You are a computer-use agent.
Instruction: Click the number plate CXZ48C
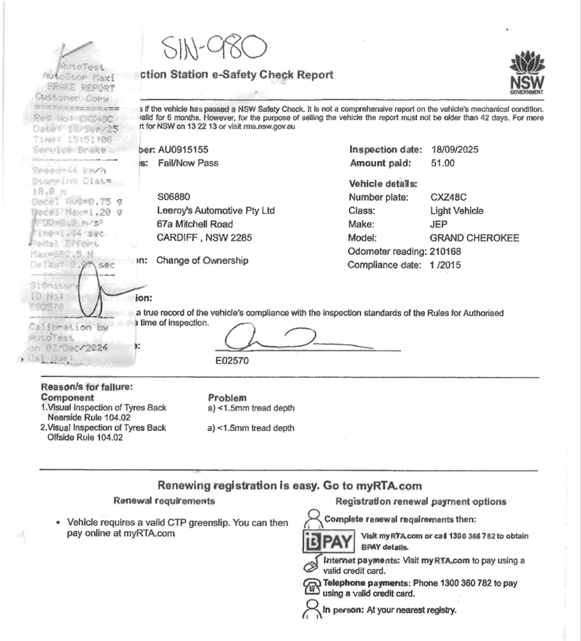pyautogui.click(x=448, y=197)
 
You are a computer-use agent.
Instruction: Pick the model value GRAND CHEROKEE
pyautogui.click(x=475, y=238)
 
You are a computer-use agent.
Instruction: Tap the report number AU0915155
pyautogui.click(x=183, y=149)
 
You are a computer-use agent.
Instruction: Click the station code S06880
pyautogui.click(x=174, y=197)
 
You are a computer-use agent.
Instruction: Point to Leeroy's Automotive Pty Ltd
pyautogui.click(x=216, y=211)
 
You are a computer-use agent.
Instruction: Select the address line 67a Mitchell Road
pyautogui.click(x=195, y=224)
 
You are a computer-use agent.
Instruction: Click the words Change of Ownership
pyautogui.click(x=202, y=260)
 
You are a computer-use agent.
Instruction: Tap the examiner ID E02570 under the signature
pyautogui.click(x=231, y=361)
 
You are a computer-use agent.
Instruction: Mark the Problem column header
pyautogui.click(x=227, y=398)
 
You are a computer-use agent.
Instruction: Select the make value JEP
pyautogui.click(x=439, y=224)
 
